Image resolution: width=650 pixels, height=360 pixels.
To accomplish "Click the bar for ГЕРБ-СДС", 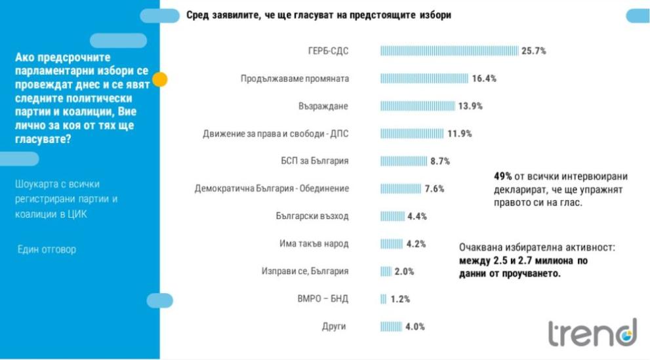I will pyautogui.click(x=449, y=50).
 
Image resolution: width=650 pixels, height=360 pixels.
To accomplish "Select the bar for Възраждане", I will pyautogui.click(x=417, y=106).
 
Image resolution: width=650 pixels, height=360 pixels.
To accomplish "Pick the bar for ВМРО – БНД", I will pyautogui.click(x=383, y=299).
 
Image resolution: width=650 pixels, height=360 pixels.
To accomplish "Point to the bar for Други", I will pyautogui.click(x=391, y=327).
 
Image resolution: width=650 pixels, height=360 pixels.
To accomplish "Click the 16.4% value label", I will pyautogui.click(x=484, y=79).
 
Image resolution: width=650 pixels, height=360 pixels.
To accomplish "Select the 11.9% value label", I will pyautogui.click(x=460, y=134).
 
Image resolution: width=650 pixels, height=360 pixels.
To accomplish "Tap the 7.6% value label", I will pyautogui.click(x=435, y=189).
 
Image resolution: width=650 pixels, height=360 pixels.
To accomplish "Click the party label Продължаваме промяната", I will pyautogui.click(x=295, y=79).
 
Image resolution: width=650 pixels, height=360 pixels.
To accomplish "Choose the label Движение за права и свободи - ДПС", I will pyautogui.click(x=275, y=134).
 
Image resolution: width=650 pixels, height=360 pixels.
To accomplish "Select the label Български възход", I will pyautogui.click(x=312, y=216).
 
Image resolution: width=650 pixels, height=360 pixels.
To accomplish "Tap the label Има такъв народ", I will pyautogui.click(x=314, y=244).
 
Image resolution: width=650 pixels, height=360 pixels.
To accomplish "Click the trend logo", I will pyautogui.click(x=592, y=332).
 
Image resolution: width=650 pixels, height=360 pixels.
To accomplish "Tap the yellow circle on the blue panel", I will pyautogui.click(x=159, y=80).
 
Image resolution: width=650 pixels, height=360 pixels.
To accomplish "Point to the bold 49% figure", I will pyautogui.click(x=503, y=176).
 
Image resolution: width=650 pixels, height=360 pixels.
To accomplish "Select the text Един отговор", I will pyautogui.click(x=47, y=249).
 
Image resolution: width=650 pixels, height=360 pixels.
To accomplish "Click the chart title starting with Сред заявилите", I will pyautogui.click(x=318, y=14).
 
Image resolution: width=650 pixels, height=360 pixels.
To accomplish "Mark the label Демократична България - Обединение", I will pyautogui.click(x=272, y=189).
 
